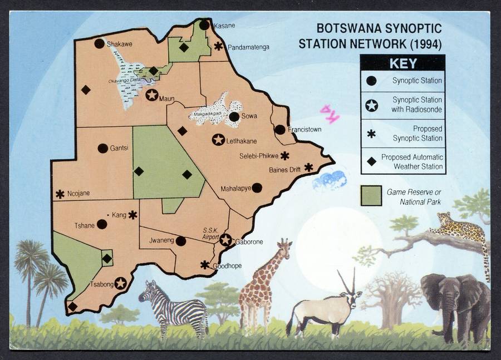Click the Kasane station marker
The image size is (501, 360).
click(x=204, y=25)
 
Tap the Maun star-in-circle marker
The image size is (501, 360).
click(x=151, y=95)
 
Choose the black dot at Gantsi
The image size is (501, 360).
click(x=102, y=148)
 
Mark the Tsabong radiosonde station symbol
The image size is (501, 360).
click(x=120, y=283)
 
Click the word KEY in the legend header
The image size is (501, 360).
click(x=402, y=63)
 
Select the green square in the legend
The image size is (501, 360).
click(x=371, y=196)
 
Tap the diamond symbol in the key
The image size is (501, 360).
click(x=371, y=161)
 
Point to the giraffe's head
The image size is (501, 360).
click(x=284, y=245)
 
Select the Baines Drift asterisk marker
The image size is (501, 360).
click(x=308, y=167)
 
